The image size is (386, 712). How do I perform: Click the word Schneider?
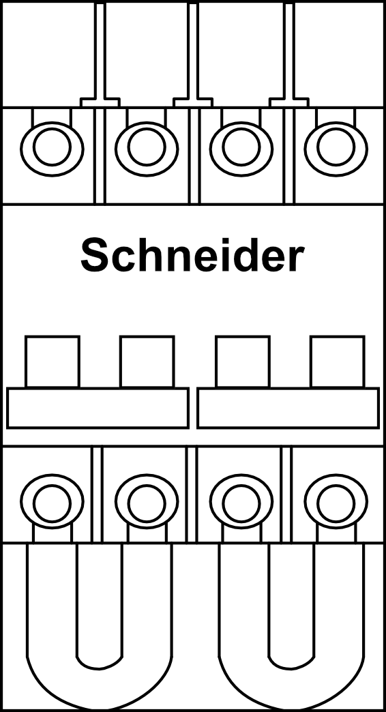click(192, 255)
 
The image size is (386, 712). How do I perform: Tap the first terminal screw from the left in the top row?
click(52, 148)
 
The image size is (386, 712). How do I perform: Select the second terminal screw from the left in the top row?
click(147, 148)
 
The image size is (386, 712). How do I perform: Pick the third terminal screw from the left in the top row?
click(241, 148)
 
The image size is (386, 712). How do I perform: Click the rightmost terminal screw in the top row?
click(336, 148)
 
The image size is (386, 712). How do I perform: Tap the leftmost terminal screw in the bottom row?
click(52, 502)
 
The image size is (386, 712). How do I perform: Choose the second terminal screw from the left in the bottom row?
click(147, 502)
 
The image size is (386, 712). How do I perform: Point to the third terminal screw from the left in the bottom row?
click(241, 502)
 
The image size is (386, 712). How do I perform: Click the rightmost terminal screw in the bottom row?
click(336, 502)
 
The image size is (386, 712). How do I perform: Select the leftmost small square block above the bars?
click(53, 361)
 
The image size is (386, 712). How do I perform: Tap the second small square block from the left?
click(147, 361)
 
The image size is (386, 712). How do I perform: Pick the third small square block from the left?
click(243, 361)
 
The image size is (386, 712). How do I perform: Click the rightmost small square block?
click(338, 361)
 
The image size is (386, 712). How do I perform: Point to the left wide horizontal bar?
click(98, 408)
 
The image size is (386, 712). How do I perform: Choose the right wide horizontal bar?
click(288, 408)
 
